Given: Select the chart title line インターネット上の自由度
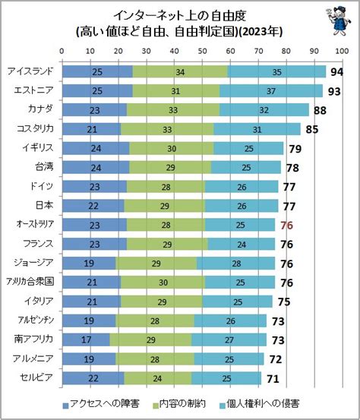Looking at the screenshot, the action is pyautogui.click(x=180, y=16).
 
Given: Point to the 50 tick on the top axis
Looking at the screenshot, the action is pyautogui.click(x=202, y=51).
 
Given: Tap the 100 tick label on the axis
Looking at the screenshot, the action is pyautogui.click(x=342, y=51).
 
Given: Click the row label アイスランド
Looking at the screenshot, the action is pyautogui.click(x=30, y=71).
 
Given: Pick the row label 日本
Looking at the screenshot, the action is pyautogui.click(x=45, y=205).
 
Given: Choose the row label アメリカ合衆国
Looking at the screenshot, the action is pyautogui.click(x=30, y=282).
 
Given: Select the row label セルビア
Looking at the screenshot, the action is pyautogui.click(x=36, y=377).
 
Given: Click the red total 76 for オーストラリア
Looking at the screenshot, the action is pyautogui.click(x=286, y=226).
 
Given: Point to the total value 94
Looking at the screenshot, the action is pyautogui.click(x=336, y=72).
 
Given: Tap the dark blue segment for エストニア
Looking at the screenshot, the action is pyautogui.click(x=97, y=91).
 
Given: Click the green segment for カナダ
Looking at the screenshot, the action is pyautogui.click(x=173, y=110).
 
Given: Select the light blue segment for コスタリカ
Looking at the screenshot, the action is pyautogui.click(x=257, y=129).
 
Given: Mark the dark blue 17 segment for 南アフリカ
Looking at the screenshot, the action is pyautogui.click(x=86, y=339).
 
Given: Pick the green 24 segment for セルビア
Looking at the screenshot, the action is pyautogui.click(x=158, y=378).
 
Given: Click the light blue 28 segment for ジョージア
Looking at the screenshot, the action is pyautogui.click(x=235, y=264).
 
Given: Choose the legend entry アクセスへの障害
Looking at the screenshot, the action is pyautogui.click(x=101, y=404).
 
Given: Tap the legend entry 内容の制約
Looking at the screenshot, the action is pyautogui.click(x=179, y=404).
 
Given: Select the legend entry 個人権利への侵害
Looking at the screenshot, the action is pyautogui.click(x=259, y=404).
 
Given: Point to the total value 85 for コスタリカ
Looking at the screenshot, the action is pyautogui.click(x=312, y=129).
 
